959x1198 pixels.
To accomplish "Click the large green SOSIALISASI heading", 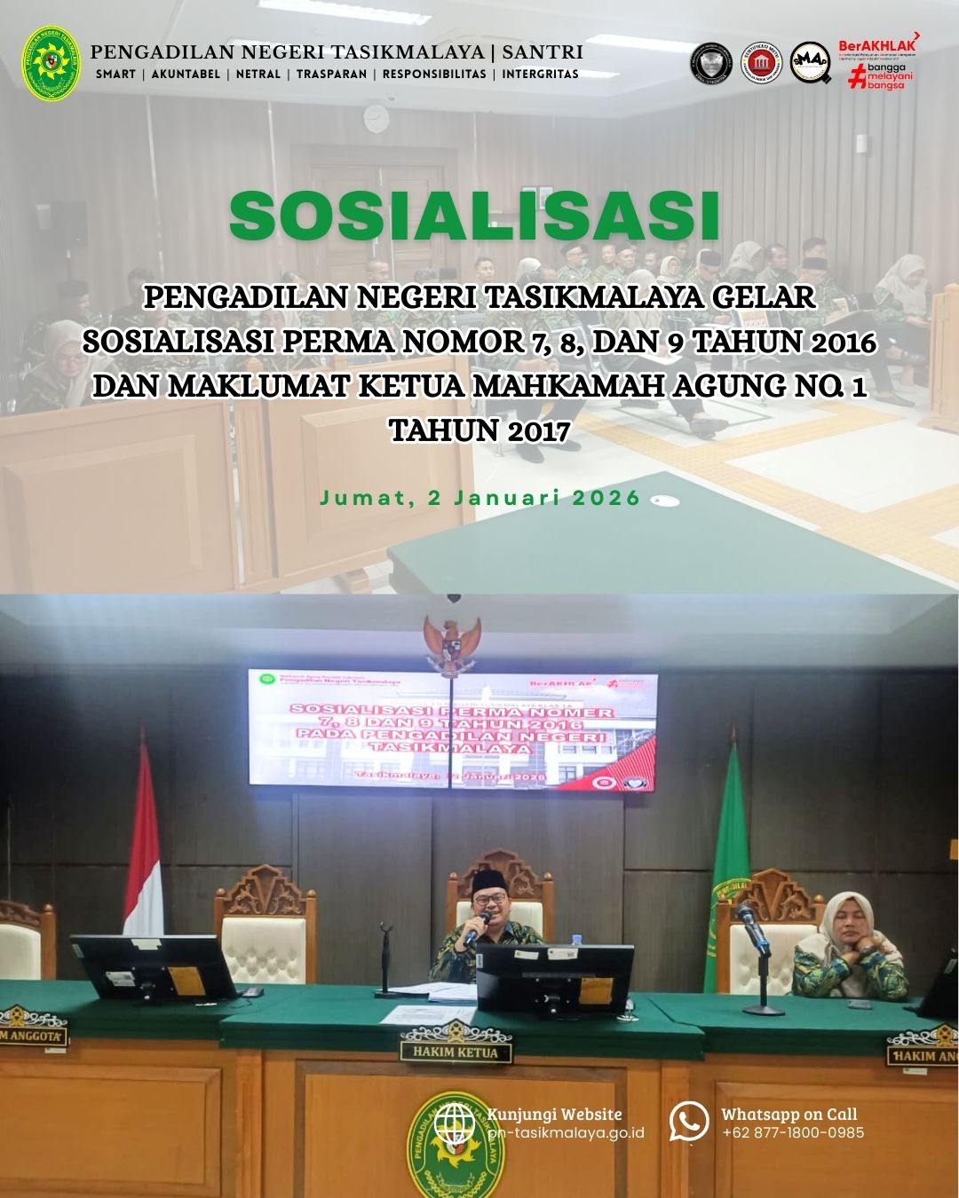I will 473,216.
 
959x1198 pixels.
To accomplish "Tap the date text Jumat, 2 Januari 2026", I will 479,498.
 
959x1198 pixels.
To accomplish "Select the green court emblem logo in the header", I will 52,62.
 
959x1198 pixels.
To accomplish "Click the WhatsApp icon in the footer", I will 689,1122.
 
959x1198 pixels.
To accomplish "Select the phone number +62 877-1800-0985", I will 792,1132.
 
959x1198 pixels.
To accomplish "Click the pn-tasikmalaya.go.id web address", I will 567,1132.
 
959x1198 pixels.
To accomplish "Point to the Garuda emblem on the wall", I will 453,646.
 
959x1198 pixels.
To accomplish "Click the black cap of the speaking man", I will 489,879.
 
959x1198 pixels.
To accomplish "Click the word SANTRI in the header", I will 543,51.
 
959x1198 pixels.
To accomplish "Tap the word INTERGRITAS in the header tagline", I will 540,75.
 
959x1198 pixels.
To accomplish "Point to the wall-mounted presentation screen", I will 453,729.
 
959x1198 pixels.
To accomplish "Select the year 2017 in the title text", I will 539,431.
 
